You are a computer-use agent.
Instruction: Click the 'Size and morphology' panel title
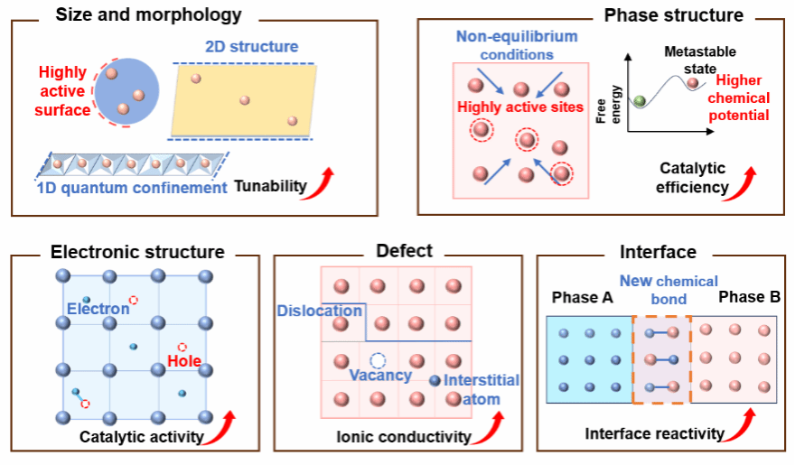pos(148,15)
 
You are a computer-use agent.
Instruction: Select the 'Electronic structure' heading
pos(137,252)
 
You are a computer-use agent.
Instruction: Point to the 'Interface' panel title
pos(658,252)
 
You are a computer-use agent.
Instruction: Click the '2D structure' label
pos(250,46)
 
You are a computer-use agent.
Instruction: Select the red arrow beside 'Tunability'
pos(323,181)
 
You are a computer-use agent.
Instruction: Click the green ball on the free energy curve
pos(641,100)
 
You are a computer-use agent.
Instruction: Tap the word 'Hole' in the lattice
pos(184,363)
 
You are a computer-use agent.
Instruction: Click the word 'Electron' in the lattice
pos(98,309)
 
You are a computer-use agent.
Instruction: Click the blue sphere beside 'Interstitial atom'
pos(436,380)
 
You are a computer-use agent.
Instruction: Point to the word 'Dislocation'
pos(319,311)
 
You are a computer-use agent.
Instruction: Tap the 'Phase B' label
pos(749,297)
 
